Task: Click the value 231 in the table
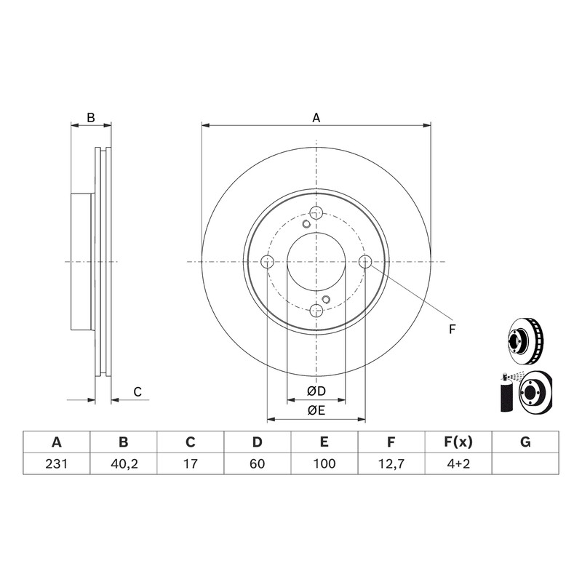57,463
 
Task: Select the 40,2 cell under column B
124,463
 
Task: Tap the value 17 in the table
191,463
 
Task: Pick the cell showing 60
258,463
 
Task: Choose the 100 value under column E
324,463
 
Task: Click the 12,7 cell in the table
391,463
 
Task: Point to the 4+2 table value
458,463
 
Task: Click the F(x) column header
458,442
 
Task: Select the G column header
525,442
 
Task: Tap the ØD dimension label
316,391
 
